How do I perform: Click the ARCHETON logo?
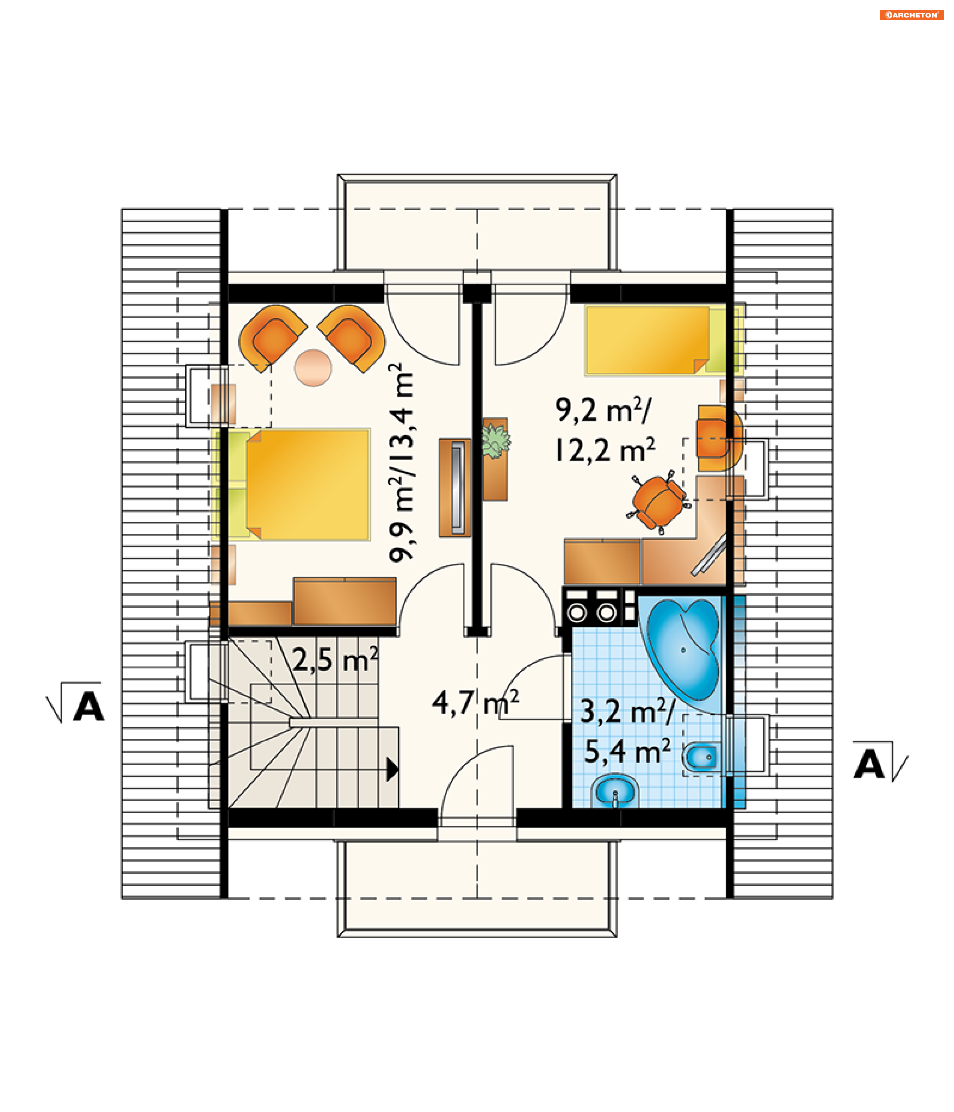click(x=911, y=15)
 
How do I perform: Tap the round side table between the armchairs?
click(x=313, y=368)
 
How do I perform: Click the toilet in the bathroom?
click(x=702, y=757)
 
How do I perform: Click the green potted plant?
click(x=495, y=441)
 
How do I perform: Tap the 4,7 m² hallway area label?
click(x=475, y=703)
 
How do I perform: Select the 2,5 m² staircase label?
click(x=335, y=660)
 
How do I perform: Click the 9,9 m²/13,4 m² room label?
click(x=402, y=462)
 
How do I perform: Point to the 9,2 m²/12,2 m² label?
click(x=605, y=430)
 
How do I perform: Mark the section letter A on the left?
click(x=87, y=706)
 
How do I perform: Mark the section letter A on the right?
click(x=868, y=764)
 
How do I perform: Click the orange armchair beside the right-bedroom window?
click(x=719, y=438)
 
